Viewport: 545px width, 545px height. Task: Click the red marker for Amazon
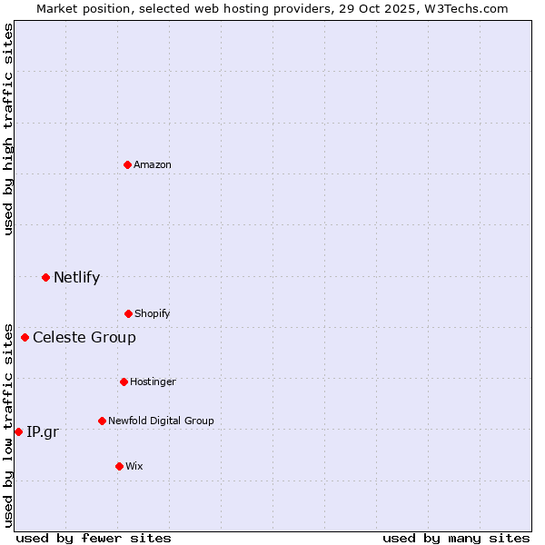(x=128, y=164)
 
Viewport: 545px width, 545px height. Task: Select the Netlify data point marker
(x=45, y=277)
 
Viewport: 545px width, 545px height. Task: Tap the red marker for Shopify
(x=128, y=313)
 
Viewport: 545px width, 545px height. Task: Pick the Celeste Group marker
(x=25, y=338)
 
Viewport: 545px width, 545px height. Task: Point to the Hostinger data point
(x=124, y=381)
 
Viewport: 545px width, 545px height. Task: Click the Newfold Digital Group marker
(x=102, y=421)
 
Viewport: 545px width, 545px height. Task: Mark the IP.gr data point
(x=18, y=431)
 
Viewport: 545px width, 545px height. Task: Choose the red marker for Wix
(x=119, y=466)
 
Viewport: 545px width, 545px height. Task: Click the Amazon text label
(x=153, y=164)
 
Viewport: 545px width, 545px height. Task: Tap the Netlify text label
(x=76, y=277)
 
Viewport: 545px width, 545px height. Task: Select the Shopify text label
(x=153, y=313)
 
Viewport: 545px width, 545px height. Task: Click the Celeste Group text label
(x=84, y=338)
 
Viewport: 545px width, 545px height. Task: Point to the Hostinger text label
(x=153, y=381)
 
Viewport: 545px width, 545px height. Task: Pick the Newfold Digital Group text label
(x=161, y=421)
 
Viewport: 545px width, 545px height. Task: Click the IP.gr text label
(x=43, y=431)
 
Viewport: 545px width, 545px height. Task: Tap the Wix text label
(x=134, y=466)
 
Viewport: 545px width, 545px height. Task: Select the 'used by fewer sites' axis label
(x=94, y=538)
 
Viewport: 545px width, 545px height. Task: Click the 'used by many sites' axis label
(x=456, y=538)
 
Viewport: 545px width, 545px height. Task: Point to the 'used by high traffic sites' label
(x=8, y=129)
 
